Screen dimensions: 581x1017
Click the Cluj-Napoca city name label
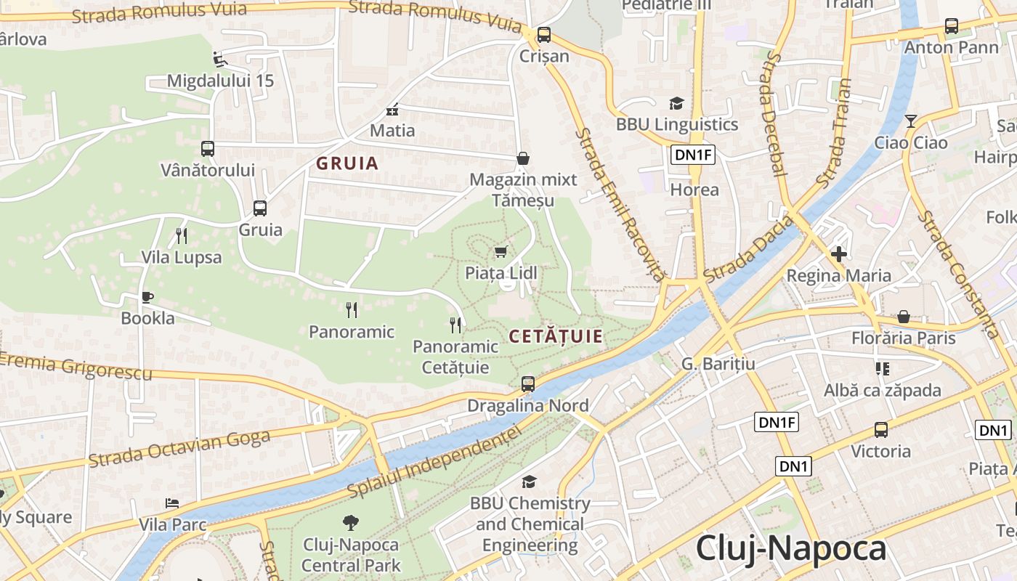791,549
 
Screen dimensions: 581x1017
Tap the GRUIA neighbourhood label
347,163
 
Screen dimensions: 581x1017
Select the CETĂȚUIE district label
556,336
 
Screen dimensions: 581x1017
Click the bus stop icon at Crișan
543,35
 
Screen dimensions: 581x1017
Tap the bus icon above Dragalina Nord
528,384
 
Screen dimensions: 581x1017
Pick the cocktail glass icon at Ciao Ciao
911,121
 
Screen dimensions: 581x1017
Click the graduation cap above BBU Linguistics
676,104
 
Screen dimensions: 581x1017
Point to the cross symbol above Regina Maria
839,254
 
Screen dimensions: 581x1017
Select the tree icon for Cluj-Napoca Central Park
351,523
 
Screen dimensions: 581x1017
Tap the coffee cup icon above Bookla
147,297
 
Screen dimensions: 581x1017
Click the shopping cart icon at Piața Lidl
501,252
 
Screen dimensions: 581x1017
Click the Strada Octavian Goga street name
179,447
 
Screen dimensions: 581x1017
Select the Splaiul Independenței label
434,462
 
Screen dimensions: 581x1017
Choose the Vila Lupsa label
182,258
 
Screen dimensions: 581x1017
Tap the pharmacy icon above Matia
392,110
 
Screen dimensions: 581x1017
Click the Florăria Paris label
904,338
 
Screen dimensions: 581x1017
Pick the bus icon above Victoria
881,430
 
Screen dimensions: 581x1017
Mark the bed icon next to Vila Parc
172,503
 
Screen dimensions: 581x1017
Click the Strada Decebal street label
773,115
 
